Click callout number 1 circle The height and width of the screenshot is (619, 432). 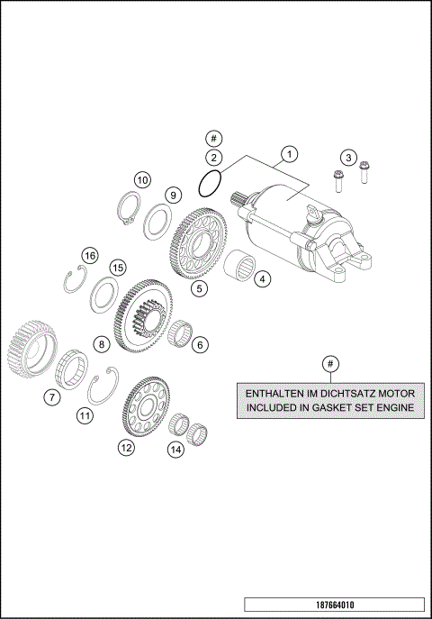(x=288, y=154)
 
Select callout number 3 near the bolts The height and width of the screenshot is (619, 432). (x=350, y=158)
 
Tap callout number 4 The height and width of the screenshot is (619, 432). (x=261, y=279)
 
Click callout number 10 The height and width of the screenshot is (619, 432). (x=142, y=179)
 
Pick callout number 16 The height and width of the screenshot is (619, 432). (x=89, y=256)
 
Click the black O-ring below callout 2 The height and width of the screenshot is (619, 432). (x=210, y=184)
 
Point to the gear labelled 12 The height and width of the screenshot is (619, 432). (x=148, y=410)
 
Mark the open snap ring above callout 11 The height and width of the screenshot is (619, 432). (x=104, y=387)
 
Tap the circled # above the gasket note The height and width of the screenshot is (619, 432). (x=331, y=364)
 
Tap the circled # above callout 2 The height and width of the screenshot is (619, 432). (x=213, y=139)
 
